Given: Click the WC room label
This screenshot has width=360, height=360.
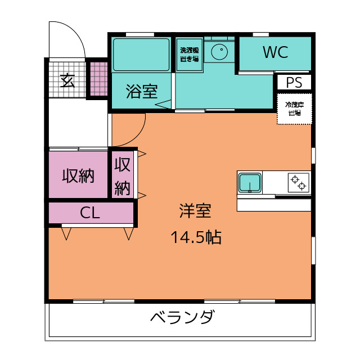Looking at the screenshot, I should click(x=275, y=53).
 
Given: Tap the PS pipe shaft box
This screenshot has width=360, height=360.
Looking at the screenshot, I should click(x=294, y=83).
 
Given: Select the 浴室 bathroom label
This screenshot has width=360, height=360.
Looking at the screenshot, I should click(x=141, y=91).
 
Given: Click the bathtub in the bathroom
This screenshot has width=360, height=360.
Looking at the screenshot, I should click(x=141, y=55).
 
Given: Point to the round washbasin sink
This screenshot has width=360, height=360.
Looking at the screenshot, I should click(x=219, y=52).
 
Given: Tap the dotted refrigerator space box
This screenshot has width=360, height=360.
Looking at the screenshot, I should click(x=294, y=109).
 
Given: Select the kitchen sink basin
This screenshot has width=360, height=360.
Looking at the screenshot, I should click(x=249, y=183).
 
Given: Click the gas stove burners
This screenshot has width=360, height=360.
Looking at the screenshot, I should click(x=298, y=182).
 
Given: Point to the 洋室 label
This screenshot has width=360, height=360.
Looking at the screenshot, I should click(x=195, y=211).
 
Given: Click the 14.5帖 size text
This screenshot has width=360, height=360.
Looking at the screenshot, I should click(x=196, y=238).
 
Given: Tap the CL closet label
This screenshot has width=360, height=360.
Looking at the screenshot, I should click(x=90, y=213).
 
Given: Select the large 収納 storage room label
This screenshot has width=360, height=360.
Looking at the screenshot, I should click(x=78, y=176).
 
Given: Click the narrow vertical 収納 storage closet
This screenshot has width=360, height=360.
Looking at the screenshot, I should click(x=123, y=176).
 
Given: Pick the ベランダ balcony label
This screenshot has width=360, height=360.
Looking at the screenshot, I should click(x=182, y=318).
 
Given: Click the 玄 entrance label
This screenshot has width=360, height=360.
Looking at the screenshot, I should click(x=67, y=80).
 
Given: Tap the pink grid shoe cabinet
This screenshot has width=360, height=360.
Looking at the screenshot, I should click(x=98, y=78).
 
